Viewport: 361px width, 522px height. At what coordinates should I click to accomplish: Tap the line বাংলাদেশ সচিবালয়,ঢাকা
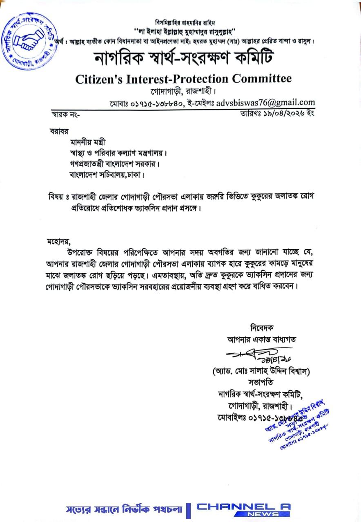[107, 175]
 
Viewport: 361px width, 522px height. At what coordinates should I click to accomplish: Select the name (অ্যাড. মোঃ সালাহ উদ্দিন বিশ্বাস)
[261, 371]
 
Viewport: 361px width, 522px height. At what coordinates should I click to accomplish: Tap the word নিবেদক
[261, 327]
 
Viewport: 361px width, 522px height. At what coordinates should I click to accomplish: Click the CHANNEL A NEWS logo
[243, 509]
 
